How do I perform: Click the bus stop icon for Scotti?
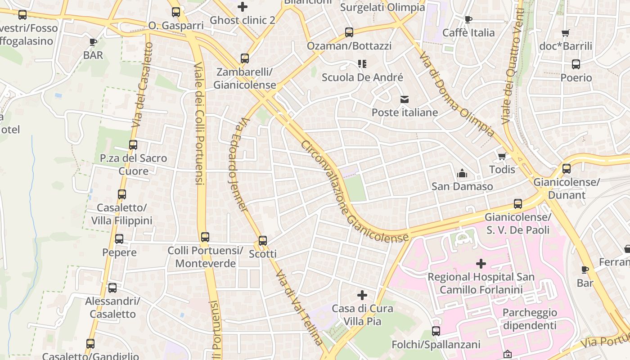coord(263,240)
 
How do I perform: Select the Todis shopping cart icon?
coord(502,156)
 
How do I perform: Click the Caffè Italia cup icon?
coord(468,19)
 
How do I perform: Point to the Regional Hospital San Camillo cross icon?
coord(481,263)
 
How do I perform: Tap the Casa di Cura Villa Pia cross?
coord(362,295)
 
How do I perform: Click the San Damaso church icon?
coord(462,173)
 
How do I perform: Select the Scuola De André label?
coord(362,77)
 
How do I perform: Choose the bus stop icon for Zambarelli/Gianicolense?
coord(245,58)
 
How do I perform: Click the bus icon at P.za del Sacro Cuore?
coord(133,145)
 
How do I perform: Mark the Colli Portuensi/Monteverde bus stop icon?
coord(205,237)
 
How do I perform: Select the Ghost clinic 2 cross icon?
coord(243,7)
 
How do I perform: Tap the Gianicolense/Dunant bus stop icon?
coord(567,169)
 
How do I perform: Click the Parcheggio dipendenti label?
coord(529,319)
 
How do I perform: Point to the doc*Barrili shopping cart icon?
coord(566,33)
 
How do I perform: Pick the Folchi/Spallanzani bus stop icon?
coord(436,331)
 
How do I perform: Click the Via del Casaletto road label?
coord(142,85)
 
